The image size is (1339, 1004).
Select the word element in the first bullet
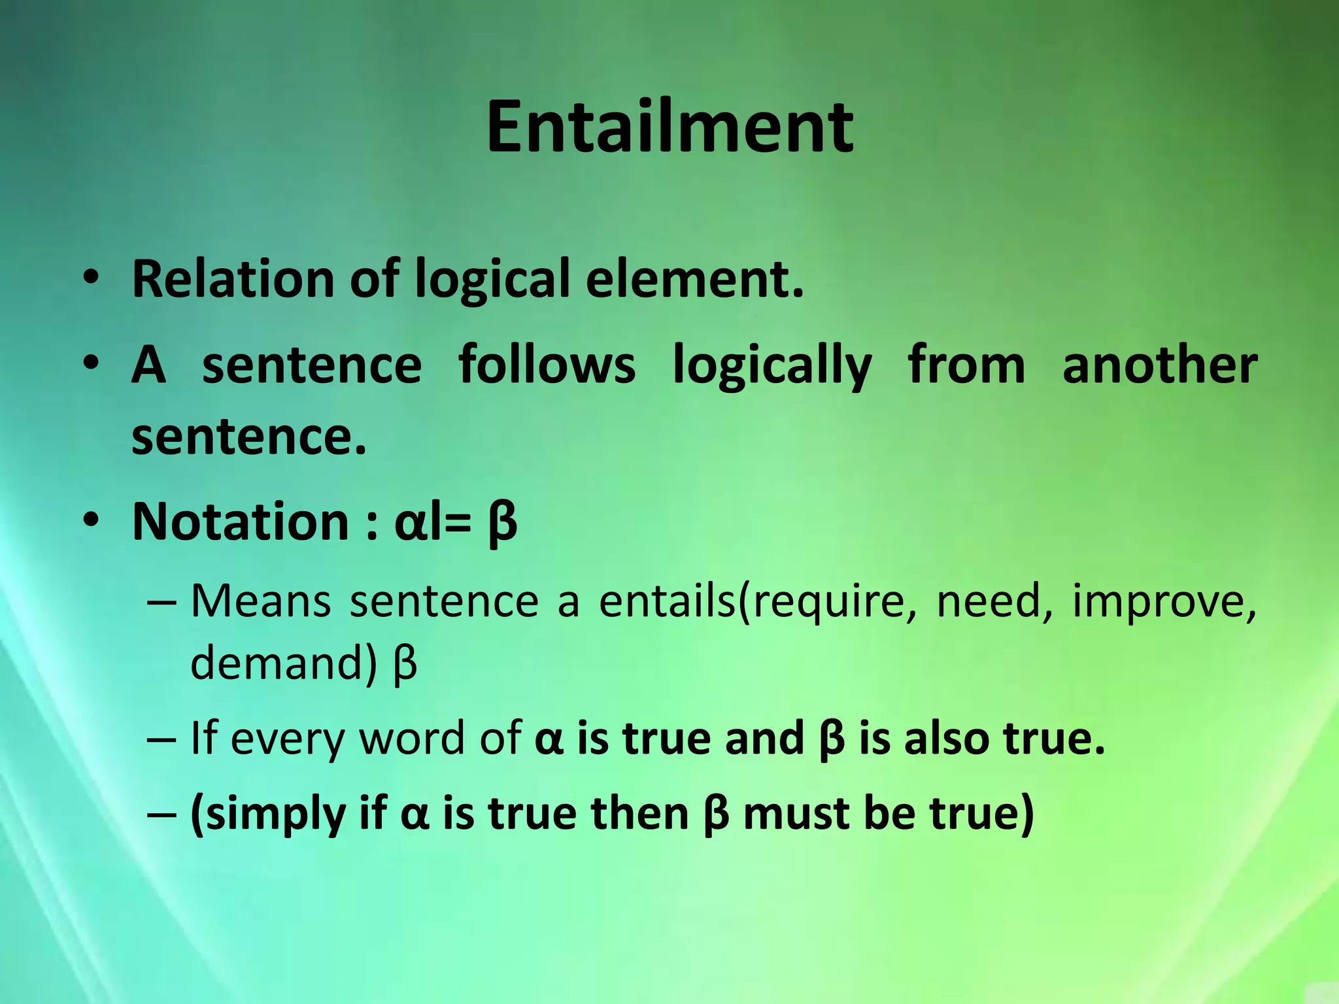[x=694, y=279]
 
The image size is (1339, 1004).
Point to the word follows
[x=547, y=365]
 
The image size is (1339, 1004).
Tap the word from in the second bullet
[x=966, y=365]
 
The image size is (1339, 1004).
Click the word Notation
[x=241, y=522]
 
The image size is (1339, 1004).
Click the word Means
[x=261, y=601]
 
